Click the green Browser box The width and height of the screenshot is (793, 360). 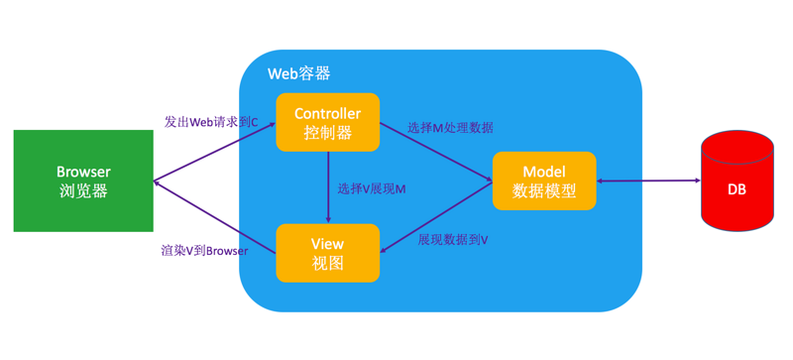tap(83, 180)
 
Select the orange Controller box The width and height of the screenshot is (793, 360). tap(327, 122)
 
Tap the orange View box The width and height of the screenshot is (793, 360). tap(327, 253)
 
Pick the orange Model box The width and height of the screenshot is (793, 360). tap(544, 180)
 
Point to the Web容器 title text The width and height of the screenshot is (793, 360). tap(298, 74)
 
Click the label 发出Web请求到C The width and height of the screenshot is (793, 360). tap(210, 122)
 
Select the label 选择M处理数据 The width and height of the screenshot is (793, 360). tap(450, 128)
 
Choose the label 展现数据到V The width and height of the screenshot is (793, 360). tap(452, 240)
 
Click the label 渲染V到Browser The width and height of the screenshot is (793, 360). tap(204, 251)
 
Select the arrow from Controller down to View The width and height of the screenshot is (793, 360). tap(328, 193)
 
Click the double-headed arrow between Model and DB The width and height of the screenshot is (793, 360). tap(648, 180)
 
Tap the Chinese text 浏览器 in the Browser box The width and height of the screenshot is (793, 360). tap(83, 191)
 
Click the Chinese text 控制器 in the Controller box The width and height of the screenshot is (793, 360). tap(327, 133)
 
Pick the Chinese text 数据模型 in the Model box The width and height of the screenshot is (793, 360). tap(544, 191)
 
